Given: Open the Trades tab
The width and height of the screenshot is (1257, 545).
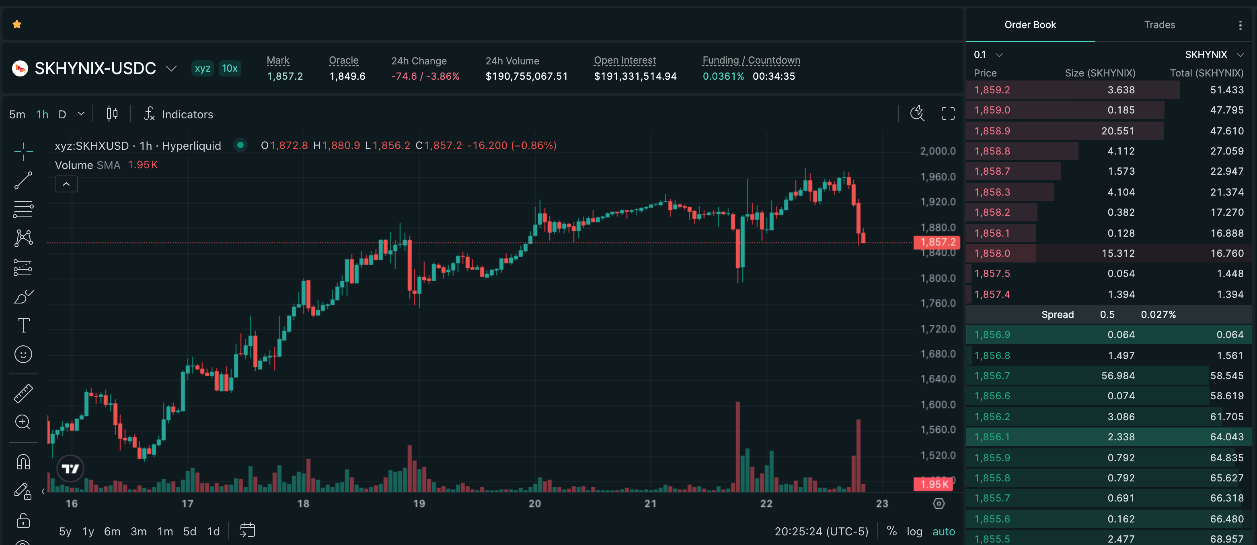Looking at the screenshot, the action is pyautogui.click(x=1159, y=25).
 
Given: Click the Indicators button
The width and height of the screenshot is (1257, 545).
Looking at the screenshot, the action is pyautogui.click(x=179, y=114).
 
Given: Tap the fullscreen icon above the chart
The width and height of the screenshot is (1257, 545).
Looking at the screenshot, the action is pyautogui.click(x=948, y=114).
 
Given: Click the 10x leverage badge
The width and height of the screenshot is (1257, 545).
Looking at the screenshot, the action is pyautogui.click(x=229, y=68).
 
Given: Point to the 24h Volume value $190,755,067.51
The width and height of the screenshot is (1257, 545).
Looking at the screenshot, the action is pyautogui.click(x=526, y=76).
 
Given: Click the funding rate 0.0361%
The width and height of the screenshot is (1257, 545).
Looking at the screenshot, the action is pyautogui.click(x=723, y=76).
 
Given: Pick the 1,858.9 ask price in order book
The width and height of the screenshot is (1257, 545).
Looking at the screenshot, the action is pyautogui.click(x=992, y=131).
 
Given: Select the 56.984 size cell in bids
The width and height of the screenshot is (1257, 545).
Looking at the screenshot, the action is pyautogui.click(x=1117, y=376).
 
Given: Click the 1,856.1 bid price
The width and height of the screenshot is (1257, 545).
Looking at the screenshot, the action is pyautogui.click(x=992, y=437).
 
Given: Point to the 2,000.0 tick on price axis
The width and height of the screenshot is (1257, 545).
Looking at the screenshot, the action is pyautogui.click(x=937, y=151).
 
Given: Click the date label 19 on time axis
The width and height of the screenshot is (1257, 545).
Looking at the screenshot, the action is pyautogui.click(x=419, y=504).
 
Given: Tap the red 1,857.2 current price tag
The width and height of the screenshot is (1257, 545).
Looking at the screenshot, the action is pyautogui.click(x=937, y=242).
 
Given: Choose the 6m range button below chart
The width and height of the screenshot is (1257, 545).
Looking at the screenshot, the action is pyautogui.click(x=112, y=531).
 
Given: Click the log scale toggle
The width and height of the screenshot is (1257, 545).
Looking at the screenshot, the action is pyautogui.click(x=914, y=531).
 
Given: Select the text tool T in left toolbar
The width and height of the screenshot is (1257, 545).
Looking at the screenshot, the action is pyautogui.click(x=23, y=325).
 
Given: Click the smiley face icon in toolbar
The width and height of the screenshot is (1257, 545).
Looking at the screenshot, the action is pyautogui.click(x=23, y=354).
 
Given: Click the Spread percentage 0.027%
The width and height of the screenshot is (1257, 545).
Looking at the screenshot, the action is pyautogui.click(x=1158, y=314).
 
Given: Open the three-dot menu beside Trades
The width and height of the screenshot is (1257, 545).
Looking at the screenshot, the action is pyautogui.click(x=1240, y=25).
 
